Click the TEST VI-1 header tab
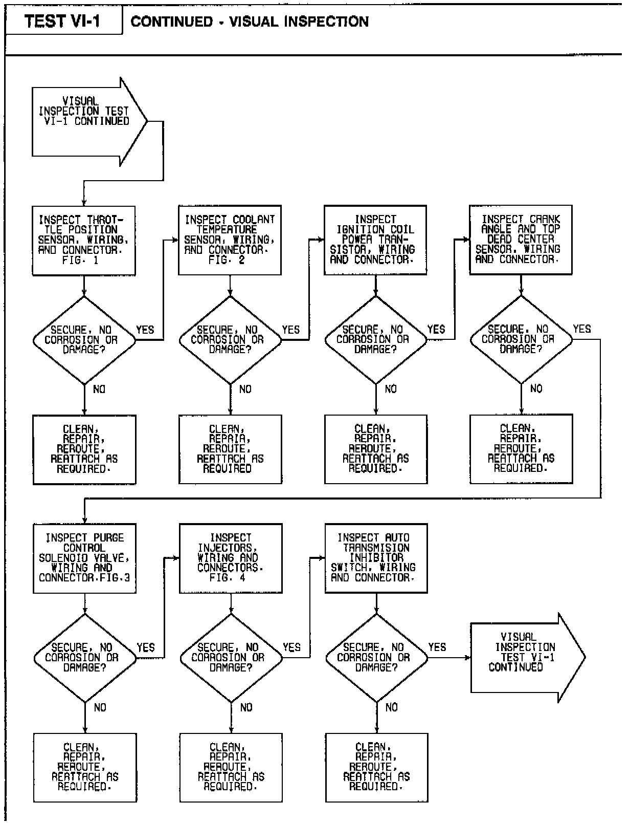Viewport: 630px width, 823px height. coord(62,21)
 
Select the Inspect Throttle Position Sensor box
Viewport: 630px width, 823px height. coord(83,240)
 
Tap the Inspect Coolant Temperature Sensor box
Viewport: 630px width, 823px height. coord(230,240)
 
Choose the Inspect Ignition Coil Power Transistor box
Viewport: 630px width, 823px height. coord(375,240)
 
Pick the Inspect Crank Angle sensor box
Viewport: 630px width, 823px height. coord(521,240)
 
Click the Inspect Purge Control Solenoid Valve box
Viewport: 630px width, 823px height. coord(84,558)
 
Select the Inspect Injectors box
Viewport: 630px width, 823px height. coord(231,558)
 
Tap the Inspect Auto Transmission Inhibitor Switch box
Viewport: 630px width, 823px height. coord(376,558)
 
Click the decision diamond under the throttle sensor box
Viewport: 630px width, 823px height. coord(84,340)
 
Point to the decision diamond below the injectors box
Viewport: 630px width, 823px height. coord(231,658)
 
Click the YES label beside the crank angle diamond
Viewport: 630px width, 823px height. coord(582,329)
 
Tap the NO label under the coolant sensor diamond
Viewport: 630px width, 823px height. coord(245,389)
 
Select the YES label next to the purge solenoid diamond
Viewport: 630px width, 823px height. coord(146,647)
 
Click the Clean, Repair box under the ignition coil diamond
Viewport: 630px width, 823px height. coord(376,449)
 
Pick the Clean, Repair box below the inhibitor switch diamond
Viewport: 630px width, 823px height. coord(376,767)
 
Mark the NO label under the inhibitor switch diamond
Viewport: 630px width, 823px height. coord(392,707)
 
